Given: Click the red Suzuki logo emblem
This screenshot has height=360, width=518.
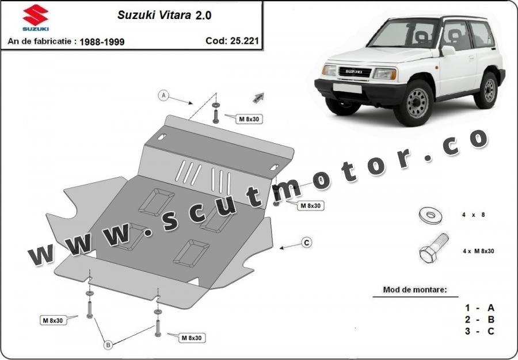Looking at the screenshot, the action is click(36, 15).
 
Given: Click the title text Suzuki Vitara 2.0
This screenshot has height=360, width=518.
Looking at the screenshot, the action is click(165, 15).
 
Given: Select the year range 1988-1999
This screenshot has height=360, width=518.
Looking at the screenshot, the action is click(102, 42).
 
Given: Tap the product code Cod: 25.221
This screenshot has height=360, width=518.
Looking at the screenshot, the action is click(233, 41).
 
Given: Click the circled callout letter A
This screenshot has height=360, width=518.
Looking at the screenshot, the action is click(163, 95).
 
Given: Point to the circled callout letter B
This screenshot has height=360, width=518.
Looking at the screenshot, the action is click(108, 345).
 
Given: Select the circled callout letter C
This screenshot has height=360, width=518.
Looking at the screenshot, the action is click(307, 243).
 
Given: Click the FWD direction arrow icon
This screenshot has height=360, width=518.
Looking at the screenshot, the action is click(258, 97).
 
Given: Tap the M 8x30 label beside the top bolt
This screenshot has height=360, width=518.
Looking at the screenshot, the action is click(249, 119).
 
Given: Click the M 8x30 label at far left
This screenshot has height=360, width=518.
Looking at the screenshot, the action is click(53, 320).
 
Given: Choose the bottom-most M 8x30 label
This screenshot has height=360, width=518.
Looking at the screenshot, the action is click(192, 338).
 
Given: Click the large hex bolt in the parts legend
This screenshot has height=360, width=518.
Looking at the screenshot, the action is click(433, 248).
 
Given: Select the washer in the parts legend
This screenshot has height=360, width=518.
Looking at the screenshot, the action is click(431, 216).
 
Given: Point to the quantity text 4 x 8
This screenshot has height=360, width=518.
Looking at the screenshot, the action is click(474, 215).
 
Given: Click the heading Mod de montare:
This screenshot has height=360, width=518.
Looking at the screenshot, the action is click(414, 290).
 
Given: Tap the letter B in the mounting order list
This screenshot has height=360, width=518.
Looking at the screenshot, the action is click(491, 319).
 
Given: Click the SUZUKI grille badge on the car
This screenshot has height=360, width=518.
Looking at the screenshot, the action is click(354, 72).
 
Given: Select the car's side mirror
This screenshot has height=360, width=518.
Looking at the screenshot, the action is click(448, 51).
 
